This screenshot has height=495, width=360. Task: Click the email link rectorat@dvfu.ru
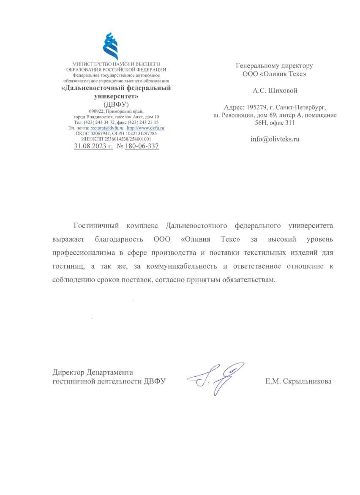(107, 128)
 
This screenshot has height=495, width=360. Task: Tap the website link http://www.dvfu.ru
(145, 128)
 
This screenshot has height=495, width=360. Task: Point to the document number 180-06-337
(142, 146)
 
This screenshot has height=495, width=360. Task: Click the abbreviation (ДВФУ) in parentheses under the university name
(116, 104)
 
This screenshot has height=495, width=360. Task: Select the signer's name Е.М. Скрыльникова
(298, 381)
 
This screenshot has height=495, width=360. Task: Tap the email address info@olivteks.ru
(275, 139)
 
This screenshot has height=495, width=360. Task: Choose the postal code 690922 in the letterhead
(96, 111)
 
